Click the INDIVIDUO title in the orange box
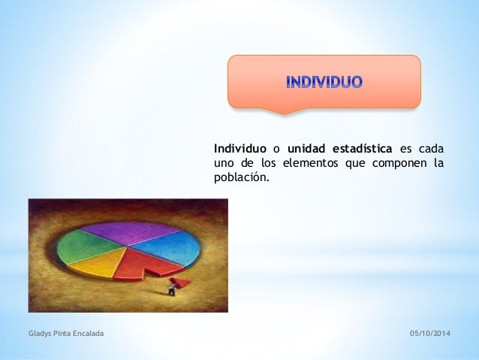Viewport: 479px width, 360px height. coord(324,82)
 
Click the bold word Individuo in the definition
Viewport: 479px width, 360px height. coord(240,149)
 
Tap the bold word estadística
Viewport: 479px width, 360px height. coord(363,149)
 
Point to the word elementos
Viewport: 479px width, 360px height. coord(310,163)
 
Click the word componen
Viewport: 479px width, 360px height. coord(399,164)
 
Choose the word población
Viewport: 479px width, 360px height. coord(241,177)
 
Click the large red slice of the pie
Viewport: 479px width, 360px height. coord(143,265)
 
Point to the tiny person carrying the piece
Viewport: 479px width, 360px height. coord(172,289)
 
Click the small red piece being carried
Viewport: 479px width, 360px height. coord(180,283)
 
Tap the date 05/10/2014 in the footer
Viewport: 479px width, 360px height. coord(429,334)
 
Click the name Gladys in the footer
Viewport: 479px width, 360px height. coord(40,334)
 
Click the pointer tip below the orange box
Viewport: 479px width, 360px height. coord(284,115)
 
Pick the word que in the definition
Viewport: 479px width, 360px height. coord(355,164)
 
